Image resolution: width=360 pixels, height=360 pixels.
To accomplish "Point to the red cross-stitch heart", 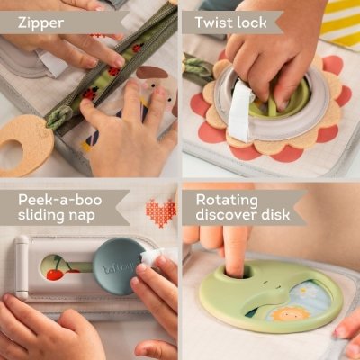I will (x=159, y=213).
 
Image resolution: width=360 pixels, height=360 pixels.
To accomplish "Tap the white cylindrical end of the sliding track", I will (x=22, y=268).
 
